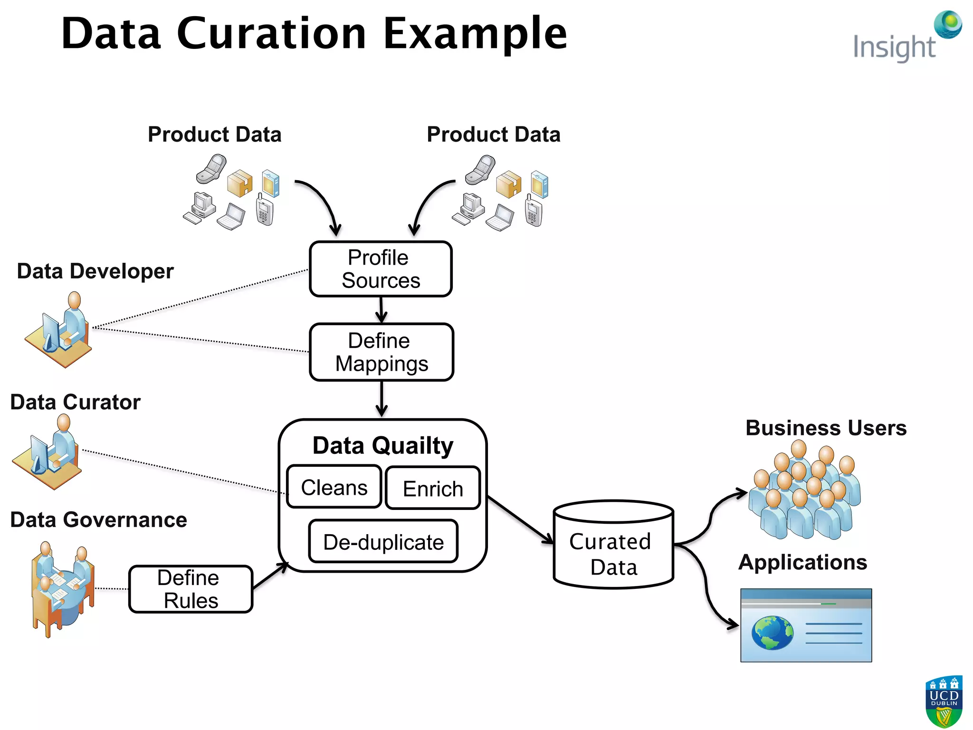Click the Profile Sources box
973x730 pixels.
(380, 269)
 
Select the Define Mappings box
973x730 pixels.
(381, 352)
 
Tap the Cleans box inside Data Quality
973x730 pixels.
(334, 488)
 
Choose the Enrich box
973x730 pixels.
(433, 489)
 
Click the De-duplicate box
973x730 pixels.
(383, 542)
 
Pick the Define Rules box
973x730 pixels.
(190, 589)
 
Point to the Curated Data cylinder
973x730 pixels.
(613, 547)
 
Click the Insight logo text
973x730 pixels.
(894, 48)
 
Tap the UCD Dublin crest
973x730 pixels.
(944, 701)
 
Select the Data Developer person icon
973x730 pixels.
(59, 330)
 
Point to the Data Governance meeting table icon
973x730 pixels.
(62, 589)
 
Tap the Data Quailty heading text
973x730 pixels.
(382, 446)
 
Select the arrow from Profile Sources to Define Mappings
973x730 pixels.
(381, 310)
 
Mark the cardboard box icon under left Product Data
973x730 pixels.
(240, 183)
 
